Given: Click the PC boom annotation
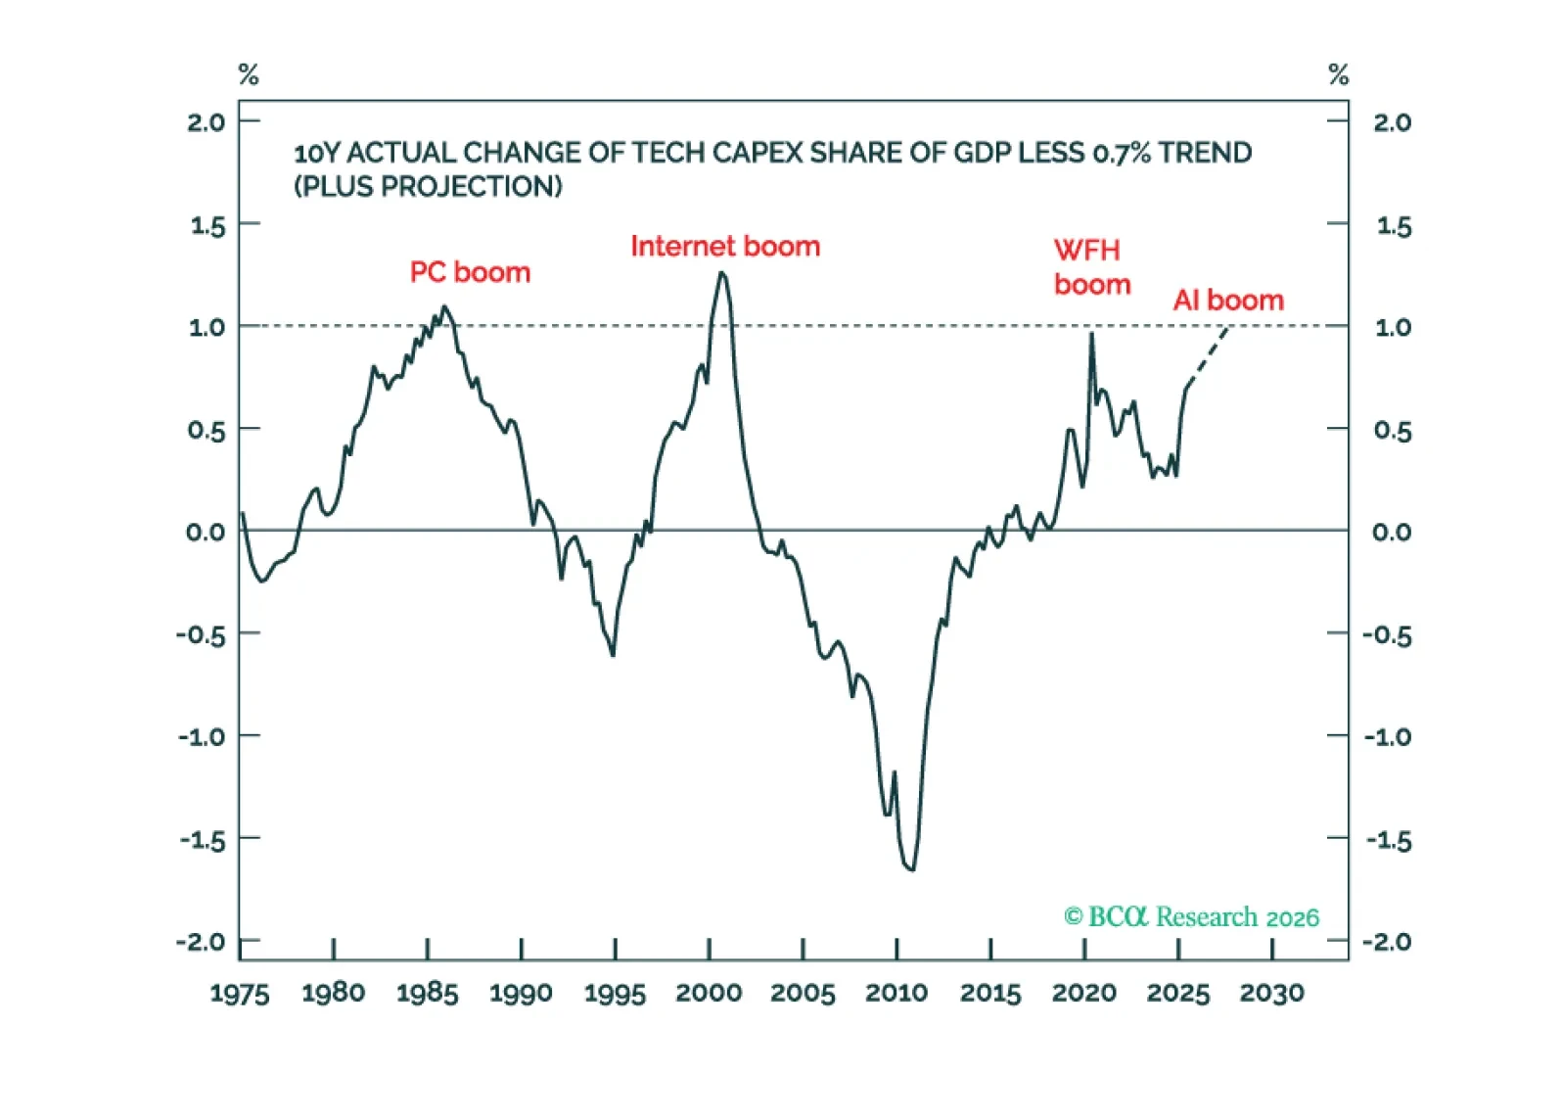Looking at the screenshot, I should point(470,272).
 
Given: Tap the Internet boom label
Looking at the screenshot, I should point(725,247).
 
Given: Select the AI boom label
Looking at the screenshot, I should point(1228,301).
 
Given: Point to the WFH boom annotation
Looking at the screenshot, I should point(1091,267).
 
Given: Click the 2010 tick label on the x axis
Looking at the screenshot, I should point(896,994).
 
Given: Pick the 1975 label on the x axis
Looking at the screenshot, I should point(240,994).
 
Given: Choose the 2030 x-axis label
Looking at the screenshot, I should point(1271,994).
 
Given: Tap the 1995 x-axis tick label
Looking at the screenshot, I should point(615,994).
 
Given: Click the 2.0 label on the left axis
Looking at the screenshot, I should point(206,122).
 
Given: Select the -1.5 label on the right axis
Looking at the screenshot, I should point(1389,840).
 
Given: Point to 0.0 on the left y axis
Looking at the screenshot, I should point(206,533).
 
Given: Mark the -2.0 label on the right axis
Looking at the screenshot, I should point(1387,942).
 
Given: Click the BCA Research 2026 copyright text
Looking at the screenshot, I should point(1191,917).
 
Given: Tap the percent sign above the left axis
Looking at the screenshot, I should point(249,74).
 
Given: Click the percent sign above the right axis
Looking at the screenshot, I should point(1338,74).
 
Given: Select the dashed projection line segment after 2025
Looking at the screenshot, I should point(1208,356).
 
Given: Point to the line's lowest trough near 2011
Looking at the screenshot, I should point(912,868).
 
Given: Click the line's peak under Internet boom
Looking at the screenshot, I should point(722,273).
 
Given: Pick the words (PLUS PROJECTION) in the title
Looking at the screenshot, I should point(429,187).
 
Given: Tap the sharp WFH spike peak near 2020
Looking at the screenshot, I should point(1091,335).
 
